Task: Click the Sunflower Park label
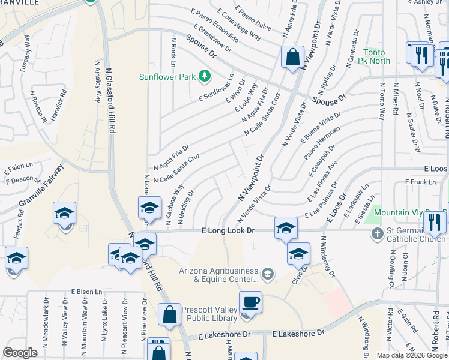click(167, 77)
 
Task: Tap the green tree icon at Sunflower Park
click(205, 76)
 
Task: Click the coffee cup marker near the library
click(250, 302)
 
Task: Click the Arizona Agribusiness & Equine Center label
click(218, 275)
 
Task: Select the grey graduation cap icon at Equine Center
click(268, 275)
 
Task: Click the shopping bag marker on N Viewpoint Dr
click(292, 58)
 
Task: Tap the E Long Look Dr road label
click(228, 230)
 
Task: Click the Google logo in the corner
click(20, 353)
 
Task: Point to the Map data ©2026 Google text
click(412, 355)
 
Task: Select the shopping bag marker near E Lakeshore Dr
click(169, 314)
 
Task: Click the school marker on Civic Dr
click(298, 253)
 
